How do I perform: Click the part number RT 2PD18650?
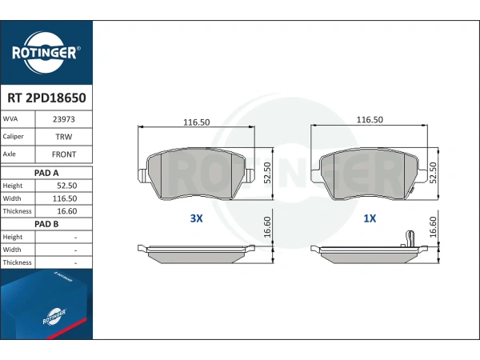coord(46,98)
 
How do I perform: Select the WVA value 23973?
coord(64,119)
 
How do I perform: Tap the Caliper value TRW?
coord(64,137)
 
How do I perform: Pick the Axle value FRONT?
coord(64,154)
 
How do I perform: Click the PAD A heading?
coord(46,173)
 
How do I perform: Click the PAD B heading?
coord(46,224)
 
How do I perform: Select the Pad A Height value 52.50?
coord(66,186)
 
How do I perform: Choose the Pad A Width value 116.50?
coord(65,198)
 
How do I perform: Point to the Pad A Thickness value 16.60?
coord(66,211)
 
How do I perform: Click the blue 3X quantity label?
coord(197,218)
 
